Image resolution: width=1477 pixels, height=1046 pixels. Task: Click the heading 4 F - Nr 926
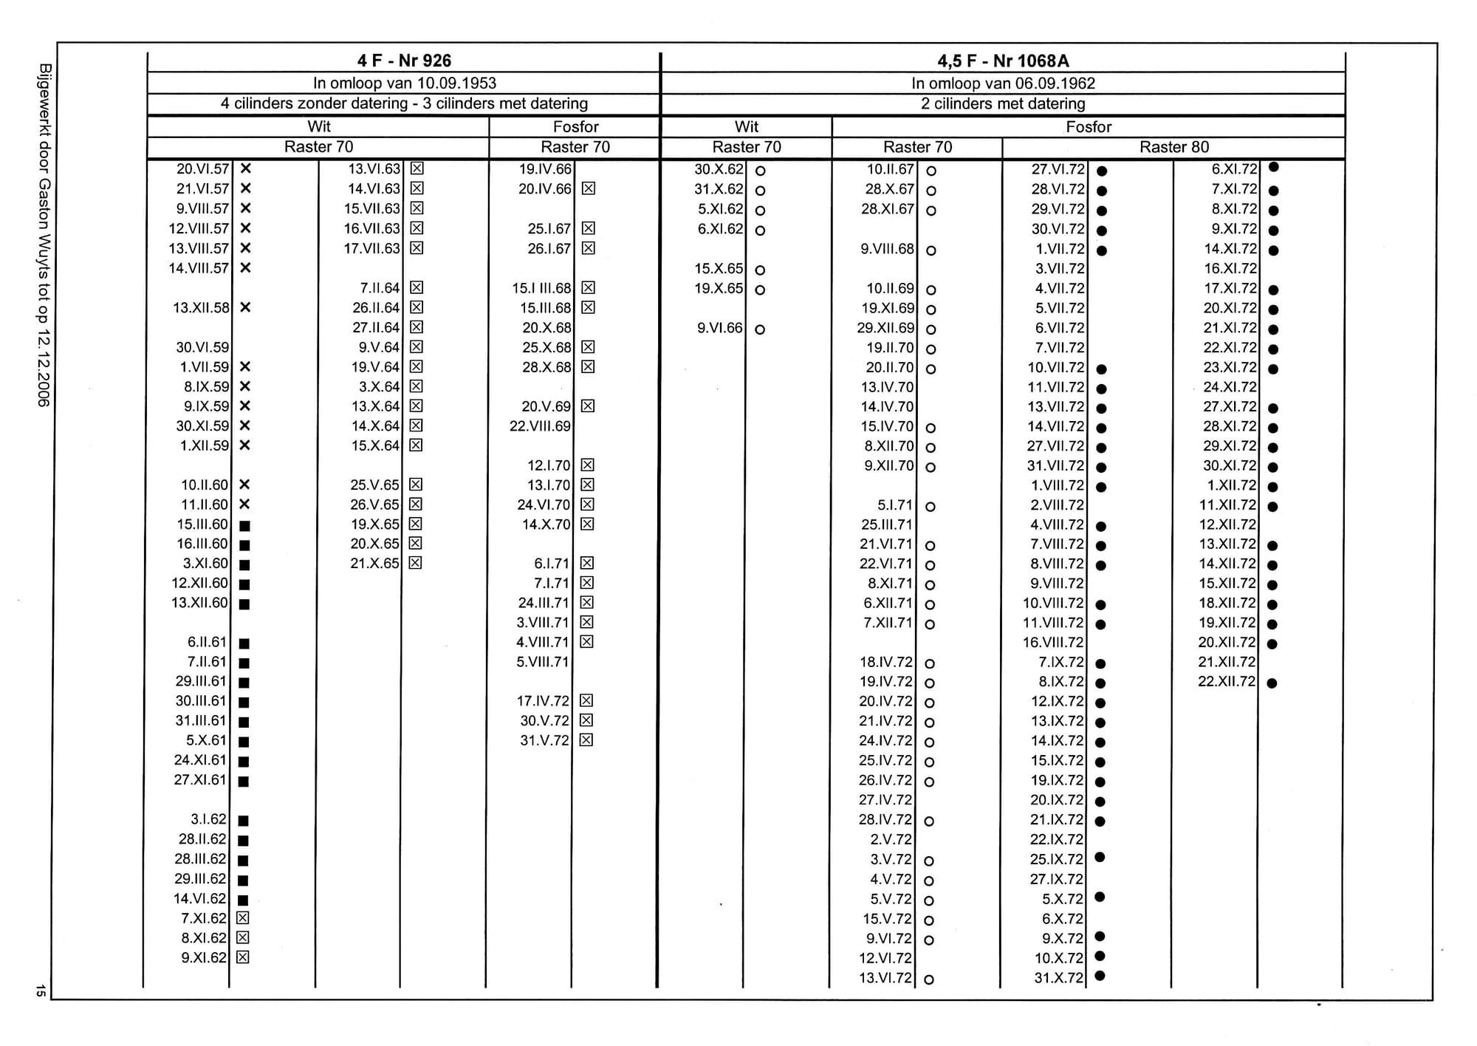click(x=404, y=61)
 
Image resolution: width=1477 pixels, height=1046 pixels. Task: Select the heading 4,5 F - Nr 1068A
click(x=1003, y=61)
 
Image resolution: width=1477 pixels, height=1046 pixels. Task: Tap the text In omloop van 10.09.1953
click(x=404, y=83)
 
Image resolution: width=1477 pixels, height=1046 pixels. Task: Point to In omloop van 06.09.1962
click(x=1003, y=83)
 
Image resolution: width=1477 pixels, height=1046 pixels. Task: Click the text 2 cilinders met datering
click(x=1003, y=103)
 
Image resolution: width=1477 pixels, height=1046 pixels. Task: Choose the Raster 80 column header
click(x=1173, y=147)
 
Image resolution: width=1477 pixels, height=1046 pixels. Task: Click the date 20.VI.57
click(x=202, y=169)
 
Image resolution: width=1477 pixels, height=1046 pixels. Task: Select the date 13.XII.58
click(x=201, y=308)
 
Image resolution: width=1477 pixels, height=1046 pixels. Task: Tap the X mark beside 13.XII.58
click(x=246, y=307)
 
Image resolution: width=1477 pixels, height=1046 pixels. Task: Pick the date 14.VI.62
click(x=199, y=899)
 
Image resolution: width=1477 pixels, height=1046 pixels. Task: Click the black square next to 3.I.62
click(x=244, y=821)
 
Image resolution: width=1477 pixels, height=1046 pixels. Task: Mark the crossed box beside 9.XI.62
click(x=243, y=957)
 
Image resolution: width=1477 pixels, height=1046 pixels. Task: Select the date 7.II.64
click(x=380, y=288)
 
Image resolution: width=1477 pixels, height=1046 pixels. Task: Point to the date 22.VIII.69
click(x=540, y=426)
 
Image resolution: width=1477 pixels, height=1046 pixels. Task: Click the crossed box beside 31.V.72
click(x=586, y=740)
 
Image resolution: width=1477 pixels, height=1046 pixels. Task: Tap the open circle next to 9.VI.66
click(x=760, y=329)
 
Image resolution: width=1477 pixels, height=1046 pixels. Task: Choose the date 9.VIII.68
click(x=887, y=249)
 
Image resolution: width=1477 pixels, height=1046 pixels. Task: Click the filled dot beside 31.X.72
click(x=1100, y=976)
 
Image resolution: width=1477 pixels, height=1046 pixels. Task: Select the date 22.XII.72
click(x=1226, y=681)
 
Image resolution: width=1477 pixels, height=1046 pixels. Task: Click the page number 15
click(x=41, y=991)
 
